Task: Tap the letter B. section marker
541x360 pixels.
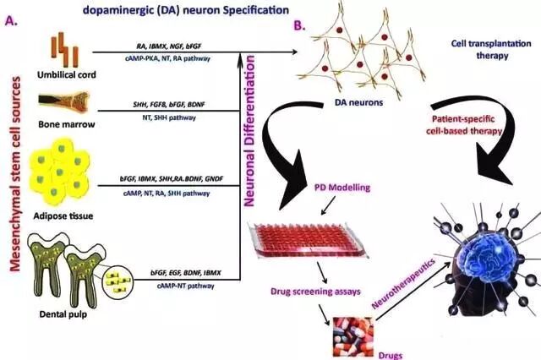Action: point(298,27)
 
